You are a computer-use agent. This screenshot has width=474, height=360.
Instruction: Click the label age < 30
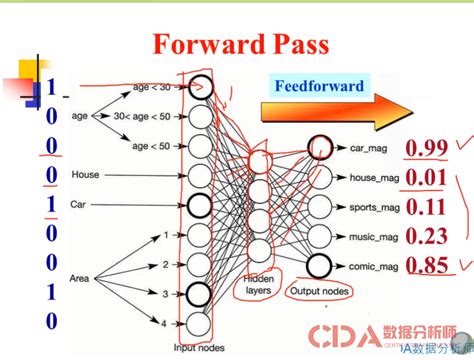(152, 89)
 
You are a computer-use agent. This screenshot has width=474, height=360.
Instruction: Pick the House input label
(84, 176)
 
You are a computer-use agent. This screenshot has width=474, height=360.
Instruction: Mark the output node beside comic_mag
(319, 266)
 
